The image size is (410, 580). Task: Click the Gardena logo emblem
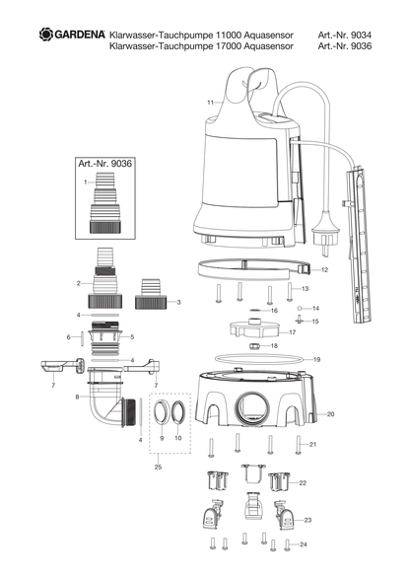click(x=46, y=34)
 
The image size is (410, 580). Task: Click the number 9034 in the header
click(x=361, y=36)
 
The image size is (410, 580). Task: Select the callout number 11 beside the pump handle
click(x=210, y=103)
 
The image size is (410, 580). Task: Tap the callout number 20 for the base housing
click(x=330, y=414)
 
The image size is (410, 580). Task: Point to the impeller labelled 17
click(x=253, y=327)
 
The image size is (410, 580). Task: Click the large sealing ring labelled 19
click(x=257, y=358)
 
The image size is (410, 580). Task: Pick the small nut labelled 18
click(x=254, y=346)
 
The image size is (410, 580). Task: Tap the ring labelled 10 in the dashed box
click(x=178, y=411)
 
